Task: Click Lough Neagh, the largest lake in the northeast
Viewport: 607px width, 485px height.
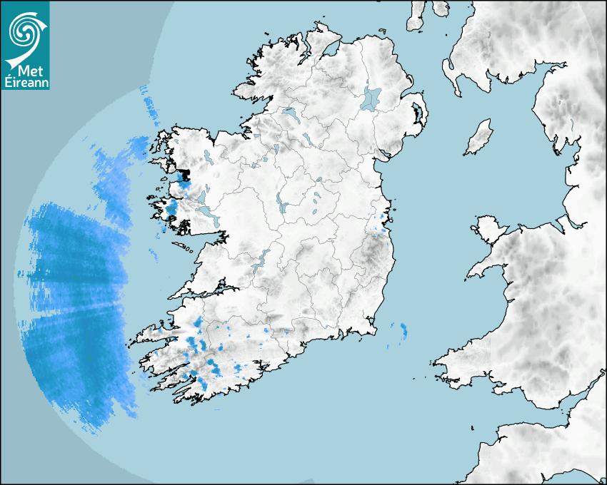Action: tap(371, 98)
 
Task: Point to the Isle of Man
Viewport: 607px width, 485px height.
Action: tap(479, 137)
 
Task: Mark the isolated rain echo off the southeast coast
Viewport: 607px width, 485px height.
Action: tap(403, 330)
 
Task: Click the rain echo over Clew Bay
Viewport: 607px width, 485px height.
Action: tap(182, 176)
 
